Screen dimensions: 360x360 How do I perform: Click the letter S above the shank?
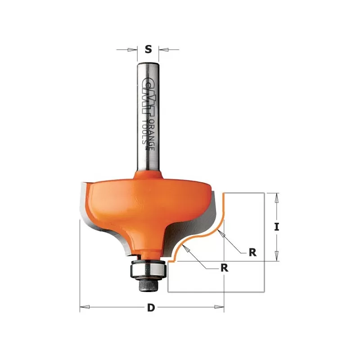tap(148, 49)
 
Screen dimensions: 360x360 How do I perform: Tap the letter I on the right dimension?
tap(277, 227)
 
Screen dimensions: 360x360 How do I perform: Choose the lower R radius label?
tap(224, 268)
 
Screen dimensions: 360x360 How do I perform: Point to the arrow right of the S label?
tap(163, 49)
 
